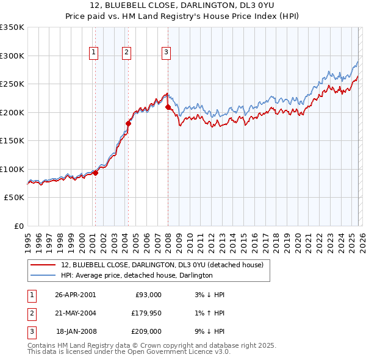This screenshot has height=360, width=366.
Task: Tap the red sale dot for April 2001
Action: [x=96, y=173]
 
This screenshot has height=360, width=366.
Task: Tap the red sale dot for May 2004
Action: [x=128, y=124]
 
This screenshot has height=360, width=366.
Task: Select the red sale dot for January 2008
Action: [x=168, y=107]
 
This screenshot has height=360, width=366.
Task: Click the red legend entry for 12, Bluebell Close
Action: [x=162, y=265]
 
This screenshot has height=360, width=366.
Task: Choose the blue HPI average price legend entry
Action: [x=136, y=275]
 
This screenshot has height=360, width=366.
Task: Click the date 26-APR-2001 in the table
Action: [x=75, y=295]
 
